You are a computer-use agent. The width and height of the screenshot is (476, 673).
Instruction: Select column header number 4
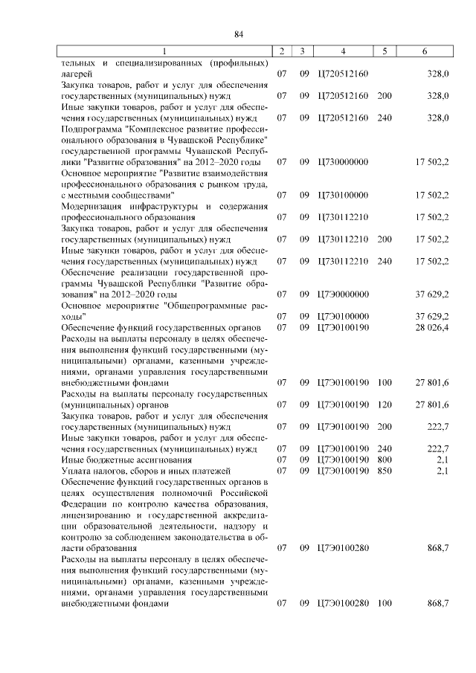coord(342,51)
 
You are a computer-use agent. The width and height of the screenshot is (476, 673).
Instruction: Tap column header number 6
coord(424,51)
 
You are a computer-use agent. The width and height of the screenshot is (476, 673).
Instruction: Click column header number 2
coord(282,51)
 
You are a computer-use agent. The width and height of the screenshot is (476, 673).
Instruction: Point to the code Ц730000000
coord(342,161)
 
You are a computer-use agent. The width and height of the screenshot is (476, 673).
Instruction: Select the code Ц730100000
coord(342,195)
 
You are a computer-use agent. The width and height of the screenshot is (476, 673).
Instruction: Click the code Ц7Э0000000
coord(342,294)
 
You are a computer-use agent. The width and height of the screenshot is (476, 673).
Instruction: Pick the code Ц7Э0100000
coord(342,316)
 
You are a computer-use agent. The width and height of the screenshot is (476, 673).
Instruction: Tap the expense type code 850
coord(384,471)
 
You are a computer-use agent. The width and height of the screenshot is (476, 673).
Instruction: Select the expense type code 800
coord(384,460)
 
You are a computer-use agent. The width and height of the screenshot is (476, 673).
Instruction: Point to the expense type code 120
coord(384,405)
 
